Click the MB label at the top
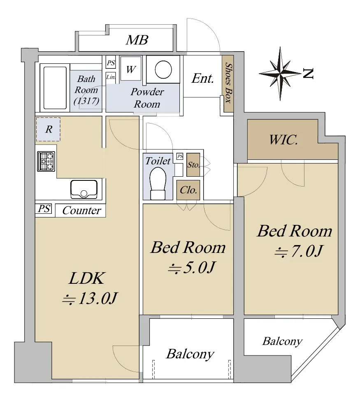(137, 40)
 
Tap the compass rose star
(280, 74)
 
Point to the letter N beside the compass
(308, 74)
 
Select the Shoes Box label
(228, 83)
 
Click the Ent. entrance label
(202, 78)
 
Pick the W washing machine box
(131, 69)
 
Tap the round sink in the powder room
(163, 70)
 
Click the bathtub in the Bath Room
(55, 88)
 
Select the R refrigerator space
(48, 129)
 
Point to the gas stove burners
(46, 161)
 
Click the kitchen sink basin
(84, 189)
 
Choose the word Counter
(82, 210)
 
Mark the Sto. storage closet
(193, 165)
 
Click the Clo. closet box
(188, 190)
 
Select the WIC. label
(283, 140)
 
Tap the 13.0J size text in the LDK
(90, 298)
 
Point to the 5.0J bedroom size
(191, 267)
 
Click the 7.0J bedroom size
(299, 251)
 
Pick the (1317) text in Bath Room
(86, 101)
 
